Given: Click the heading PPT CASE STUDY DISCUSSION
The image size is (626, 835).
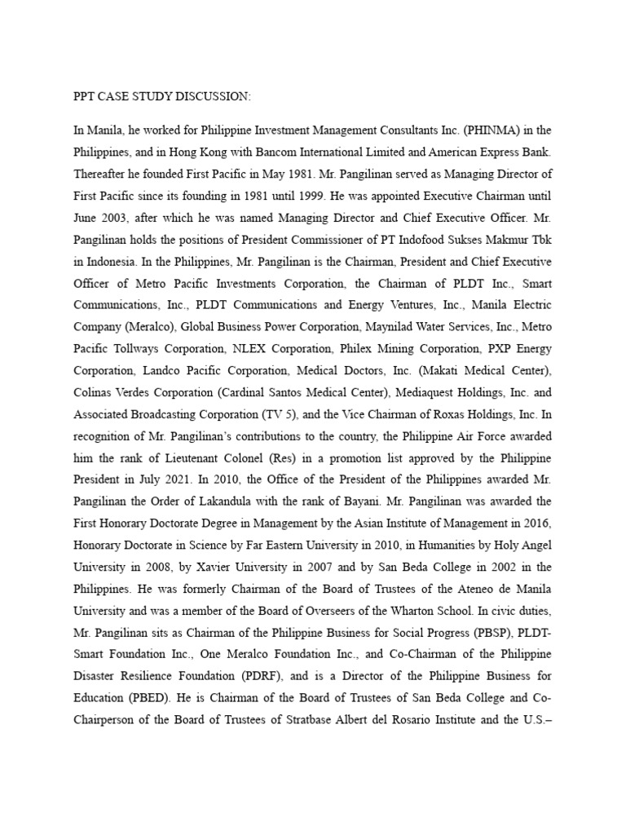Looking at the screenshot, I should point(162,97).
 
